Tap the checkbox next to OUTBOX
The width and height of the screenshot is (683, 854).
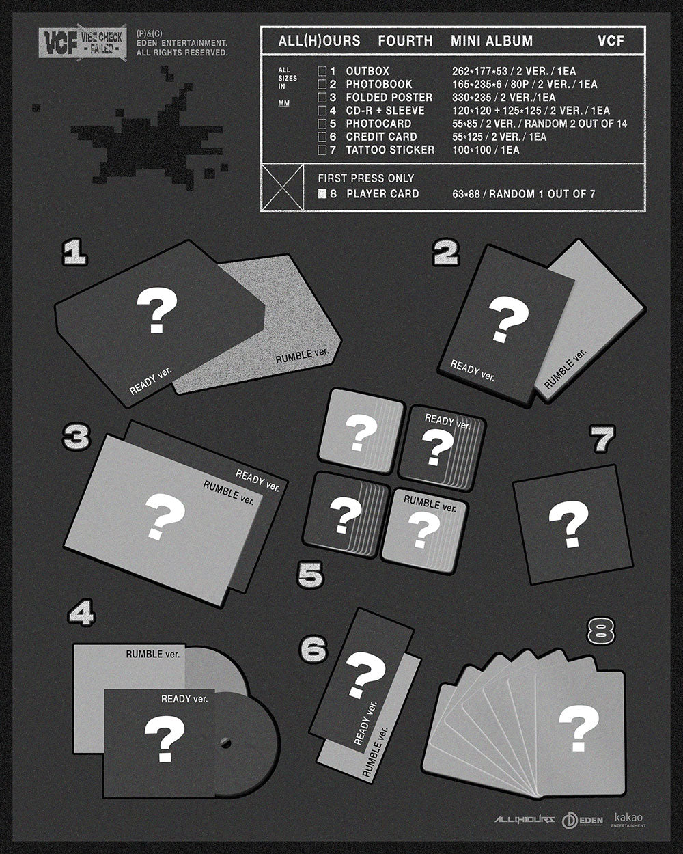pyautogui.click(x=322, y=71)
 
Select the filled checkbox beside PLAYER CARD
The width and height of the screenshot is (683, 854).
pyautogui.click(x=322, y=194)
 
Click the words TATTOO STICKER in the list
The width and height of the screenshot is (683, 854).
pyautogui.click(x=390, y=150)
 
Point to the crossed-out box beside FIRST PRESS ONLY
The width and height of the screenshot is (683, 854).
pyautogui.click(x=283, y=187)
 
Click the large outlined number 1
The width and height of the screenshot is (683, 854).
pyautogui.click(x=74, y=255)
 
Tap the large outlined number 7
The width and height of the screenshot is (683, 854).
pyautogui.click(x=602, y=439)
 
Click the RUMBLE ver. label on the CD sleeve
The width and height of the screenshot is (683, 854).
pyautogui.click(x=153, y=655)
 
